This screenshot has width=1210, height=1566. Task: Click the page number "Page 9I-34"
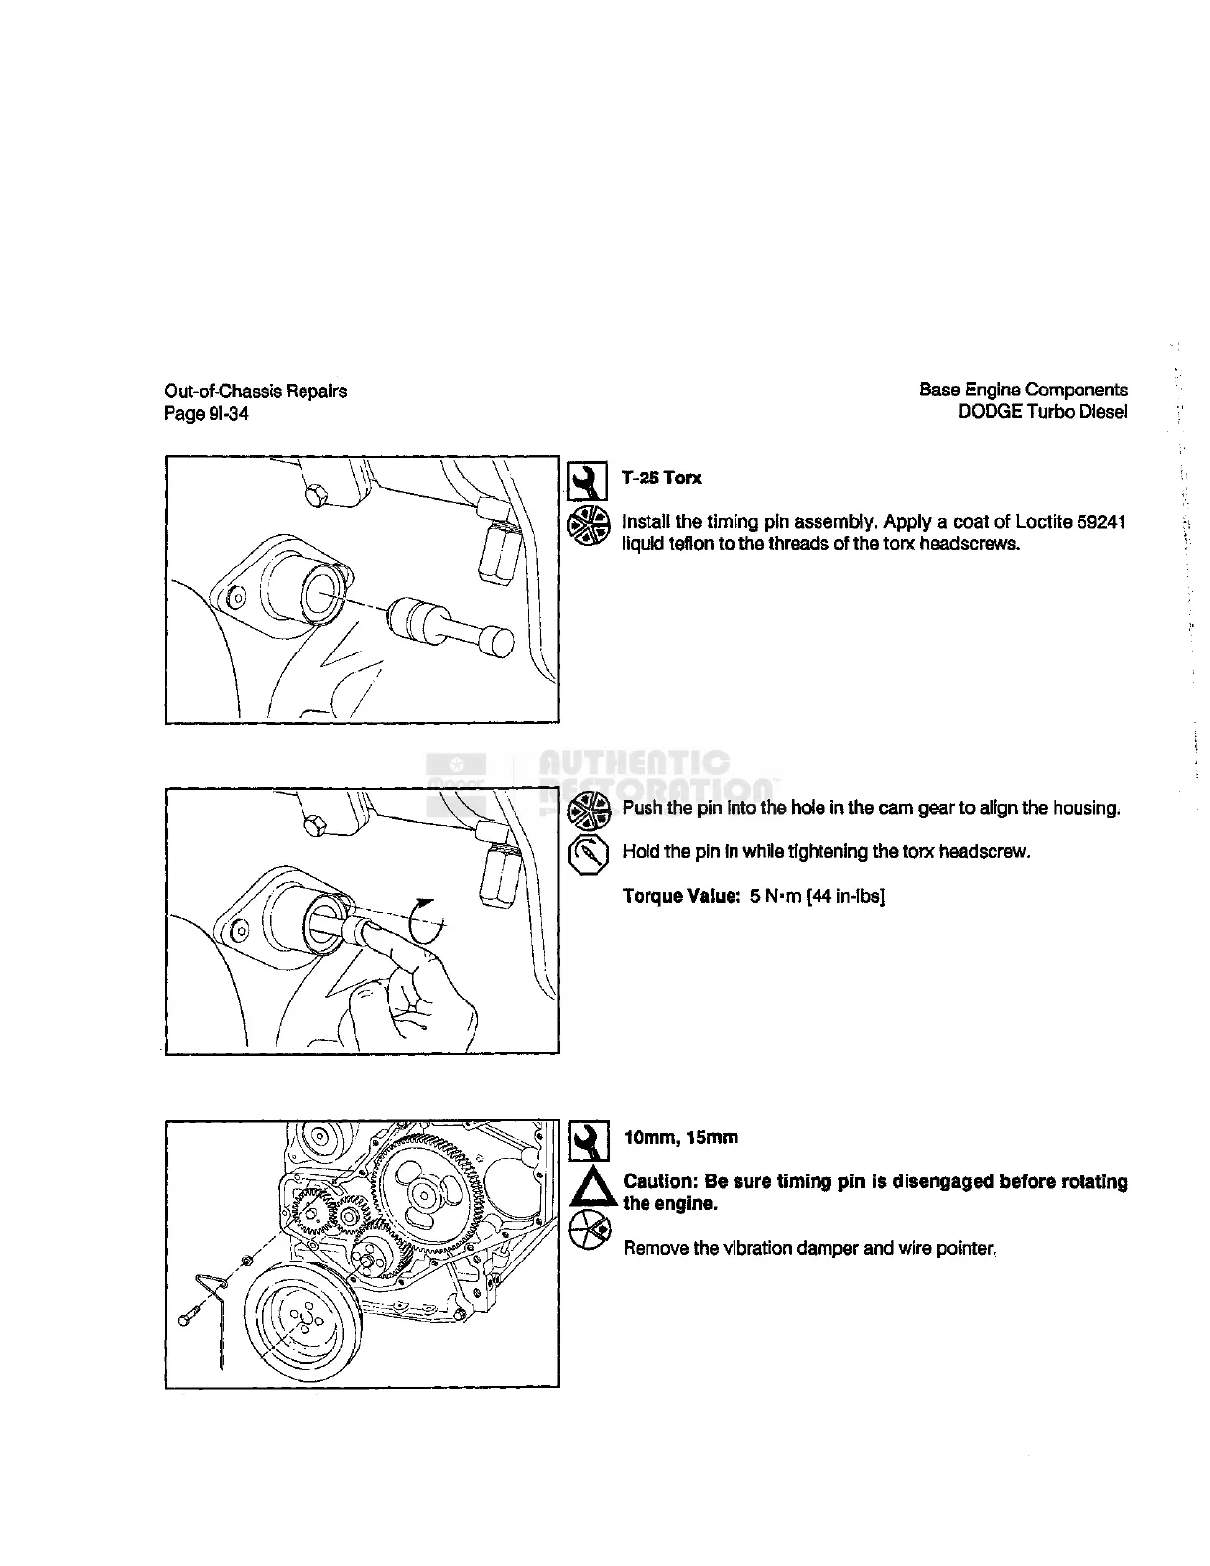(x=206, y=414)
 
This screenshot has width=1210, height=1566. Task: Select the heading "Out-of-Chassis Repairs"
(x=255, y=391)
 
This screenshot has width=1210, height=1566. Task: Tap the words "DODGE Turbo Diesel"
(x=1042, y=412)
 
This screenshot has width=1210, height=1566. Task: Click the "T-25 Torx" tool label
(x=661, y=478)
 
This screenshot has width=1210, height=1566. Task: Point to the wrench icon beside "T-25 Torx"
(x=589, y=479)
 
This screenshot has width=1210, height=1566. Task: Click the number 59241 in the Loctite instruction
(x=1099, y=522)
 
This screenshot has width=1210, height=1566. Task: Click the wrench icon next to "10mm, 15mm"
(x=590, y=1140)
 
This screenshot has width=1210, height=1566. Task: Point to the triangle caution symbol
(x=590, y=1189)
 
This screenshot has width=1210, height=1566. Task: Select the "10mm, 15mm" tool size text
(x=680, y=1138)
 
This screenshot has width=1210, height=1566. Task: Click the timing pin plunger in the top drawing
(x=451, y=627)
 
